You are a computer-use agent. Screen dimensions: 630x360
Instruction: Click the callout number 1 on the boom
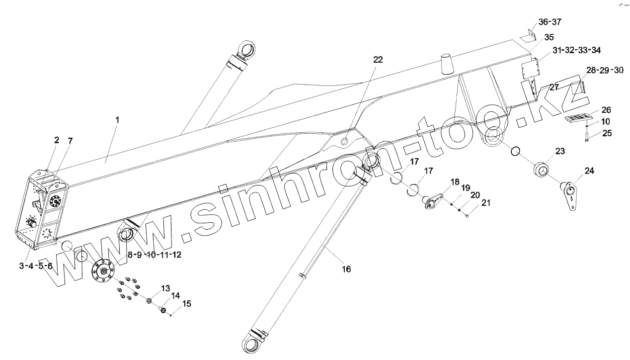[x=117, y=120]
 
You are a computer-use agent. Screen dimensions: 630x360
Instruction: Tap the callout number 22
[x=378, y=59]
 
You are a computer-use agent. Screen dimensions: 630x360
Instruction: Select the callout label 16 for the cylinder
[x=346, y=269]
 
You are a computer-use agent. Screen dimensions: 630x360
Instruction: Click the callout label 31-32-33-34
[x=576, y=50]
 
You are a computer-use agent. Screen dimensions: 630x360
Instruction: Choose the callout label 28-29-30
[x=605, y=71]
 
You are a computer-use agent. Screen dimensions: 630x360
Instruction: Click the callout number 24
[x=589, y=171]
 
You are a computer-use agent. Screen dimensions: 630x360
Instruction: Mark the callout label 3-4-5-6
[x=36, y=266]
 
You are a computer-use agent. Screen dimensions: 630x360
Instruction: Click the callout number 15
[x=186, y=303]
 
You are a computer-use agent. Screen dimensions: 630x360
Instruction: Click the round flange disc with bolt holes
[x=103, y=272]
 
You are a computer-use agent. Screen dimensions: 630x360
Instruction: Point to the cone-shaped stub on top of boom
[x=446, y=64]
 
